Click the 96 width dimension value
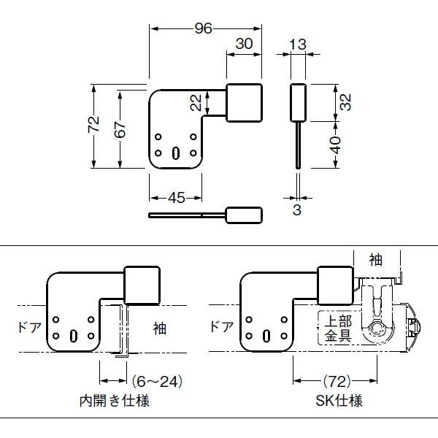tap(204, 28)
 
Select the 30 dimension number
tap(244, 44)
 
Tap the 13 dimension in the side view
tap(298, 45)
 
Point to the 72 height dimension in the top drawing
tap(94, 124)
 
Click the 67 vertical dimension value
tap(120, 130)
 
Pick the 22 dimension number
tap(196, 102)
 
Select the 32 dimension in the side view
tap(345, 102)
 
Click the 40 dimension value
tap(337, 145)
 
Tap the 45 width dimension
tap(177, 198)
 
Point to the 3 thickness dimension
tap(297, 210)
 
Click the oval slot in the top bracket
tap(175, 153)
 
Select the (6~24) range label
tap(157, 381)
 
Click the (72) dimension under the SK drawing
tap(337, 381)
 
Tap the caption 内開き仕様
tap(115, 401)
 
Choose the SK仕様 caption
tap(339, 401)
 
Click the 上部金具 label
tap(338, 328)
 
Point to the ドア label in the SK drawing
tap(221, 326)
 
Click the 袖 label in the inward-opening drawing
tap(159, 328)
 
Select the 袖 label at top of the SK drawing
tap(376, 260)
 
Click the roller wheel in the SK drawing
tap(377, 328)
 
